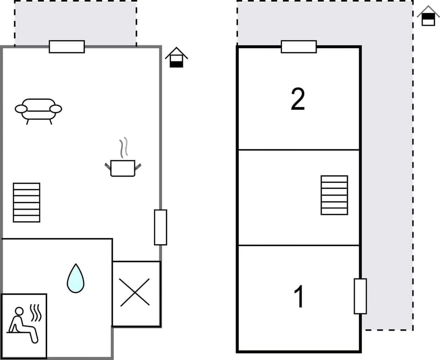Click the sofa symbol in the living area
point(38,110)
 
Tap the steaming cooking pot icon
point(123,168)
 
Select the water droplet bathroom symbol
point(76,278)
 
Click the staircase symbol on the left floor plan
point(27,202)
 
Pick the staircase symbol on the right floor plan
point(334,195)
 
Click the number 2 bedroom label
point(298,99)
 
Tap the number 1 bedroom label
point(299,296)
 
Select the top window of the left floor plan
point(67,47)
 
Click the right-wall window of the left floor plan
point(160,227)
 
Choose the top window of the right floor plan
point(299,47)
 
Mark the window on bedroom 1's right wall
point(360,296)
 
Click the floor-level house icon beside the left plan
point(176,58)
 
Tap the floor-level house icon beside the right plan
point(428,16)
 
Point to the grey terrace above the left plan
point(76,23)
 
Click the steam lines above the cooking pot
point(124,147)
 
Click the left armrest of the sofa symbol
point(21,109)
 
